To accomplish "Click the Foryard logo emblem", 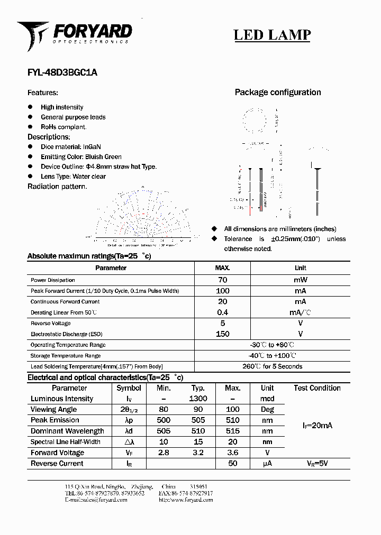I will tap(32, 34).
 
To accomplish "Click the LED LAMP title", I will tap(272, 35).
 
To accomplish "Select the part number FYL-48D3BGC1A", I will tap(62, 73).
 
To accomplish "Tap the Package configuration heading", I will tap(277, 93).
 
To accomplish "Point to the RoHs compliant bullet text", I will tap(63, 127).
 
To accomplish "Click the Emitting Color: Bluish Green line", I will tap(81, 157).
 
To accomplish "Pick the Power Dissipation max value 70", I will tap(222, 280).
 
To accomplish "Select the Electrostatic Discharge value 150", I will tap(222, 334).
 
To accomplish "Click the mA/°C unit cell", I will tap(300, 312).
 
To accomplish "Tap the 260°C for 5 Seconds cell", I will tap(272, 366).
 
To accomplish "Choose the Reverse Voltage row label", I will tap(51, 323).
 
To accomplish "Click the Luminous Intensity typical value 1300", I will tap(198, 399).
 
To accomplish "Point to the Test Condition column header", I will tap(317, 388).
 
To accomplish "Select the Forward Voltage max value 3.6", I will tap(232, 453).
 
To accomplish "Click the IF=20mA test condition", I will tap(317, 426).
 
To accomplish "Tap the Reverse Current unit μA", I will tap(267, 464).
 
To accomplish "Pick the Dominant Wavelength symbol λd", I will tap(129, 431).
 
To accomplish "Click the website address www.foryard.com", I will tap(186, 500).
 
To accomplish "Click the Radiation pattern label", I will tap(57, 187).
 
